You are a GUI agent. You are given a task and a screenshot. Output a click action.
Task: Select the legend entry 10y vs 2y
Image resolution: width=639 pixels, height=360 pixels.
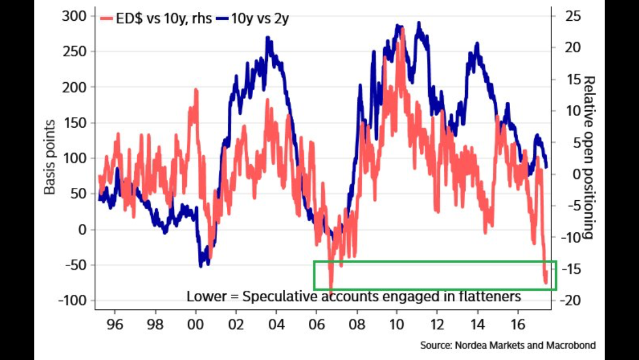pyautogui.click(x=256, y=19)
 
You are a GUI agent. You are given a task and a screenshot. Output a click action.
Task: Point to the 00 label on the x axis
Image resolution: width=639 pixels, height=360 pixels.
pyautogui.click(x=196, y=325)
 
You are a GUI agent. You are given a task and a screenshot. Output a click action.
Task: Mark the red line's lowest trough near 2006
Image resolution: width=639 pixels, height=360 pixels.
pyautogui.click(x=331, y=291)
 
